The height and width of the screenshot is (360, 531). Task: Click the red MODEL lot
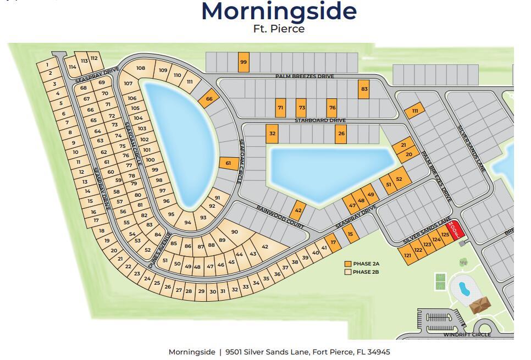coord(454,228)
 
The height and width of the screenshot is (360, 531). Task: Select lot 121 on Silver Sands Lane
coord(407,255)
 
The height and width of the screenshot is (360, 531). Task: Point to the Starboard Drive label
coord(320,120)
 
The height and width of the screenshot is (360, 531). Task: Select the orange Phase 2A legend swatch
coord(347,264)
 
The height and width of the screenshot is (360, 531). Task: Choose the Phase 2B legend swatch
coord(347,272)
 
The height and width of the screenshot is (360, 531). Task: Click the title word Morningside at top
coord(279,12)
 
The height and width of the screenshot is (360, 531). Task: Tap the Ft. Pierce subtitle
coord(279,29)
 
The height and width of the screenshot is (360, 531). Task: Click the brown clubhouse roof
coord(481,305)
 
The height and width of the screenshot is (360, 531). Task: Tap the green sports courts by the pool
coord(440,280)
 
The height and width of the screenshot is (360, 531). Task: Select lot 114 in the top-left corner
coord(72,67)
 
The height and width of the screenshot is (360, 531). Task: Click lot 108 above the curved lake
coord(141,68)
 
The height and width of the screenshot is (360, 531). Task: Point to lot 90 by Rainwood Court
coord(235,232)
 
